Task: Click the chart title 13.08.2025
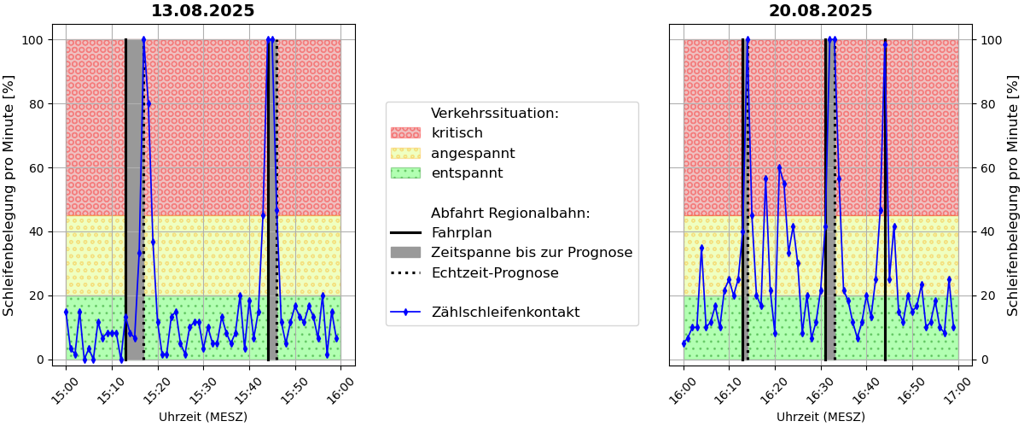coord(202,11)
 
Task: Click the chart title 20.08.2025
coord(820,11)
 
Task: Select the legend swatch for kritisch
coord(405,133)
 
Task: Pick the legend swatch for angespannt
coord(405,154)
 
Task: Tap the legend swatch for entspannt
coord(405,173)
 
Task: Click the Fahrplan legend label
coord(461,233)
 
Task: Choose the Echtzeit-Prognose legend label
coord(495,273)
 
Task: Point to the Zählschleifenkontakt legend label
coord(505,313)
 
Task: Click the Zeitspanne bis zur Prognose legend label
coord(532,253)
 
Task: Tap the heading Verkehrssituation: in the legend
coord(495,114)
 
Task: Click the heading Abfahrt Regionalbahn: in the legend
coord(510,213)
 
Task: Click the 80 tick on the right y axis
coord(988,104)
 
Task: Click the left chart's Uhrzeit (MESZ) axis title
coord(202,417)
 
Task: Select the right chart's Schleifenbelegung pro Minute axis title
coord(1012,195)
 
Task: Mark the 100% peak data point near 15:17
coord(143,39)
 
